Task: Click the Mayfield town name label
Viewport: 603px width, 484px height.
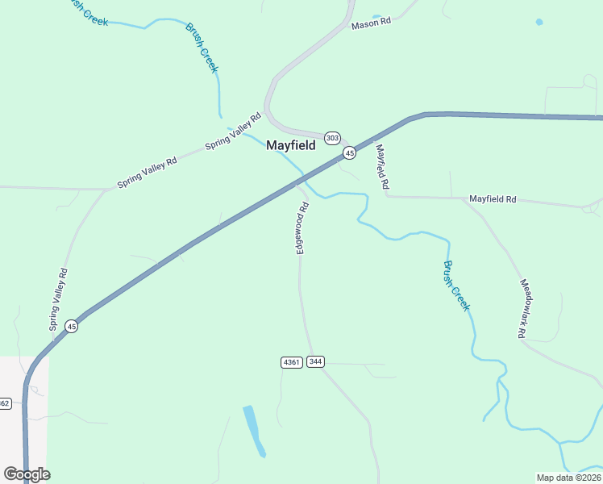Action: tap(290, 146)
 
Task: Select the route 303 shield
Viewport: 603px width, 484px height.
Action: tap(333, 138)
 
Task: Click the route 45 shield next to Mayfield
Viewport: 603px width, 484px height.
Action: tap(349, 152)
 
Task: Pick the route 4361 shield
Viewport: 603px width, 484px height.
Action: tap(291, 362)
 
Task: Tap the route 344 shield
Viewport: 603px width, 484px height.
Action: tap(315, 362)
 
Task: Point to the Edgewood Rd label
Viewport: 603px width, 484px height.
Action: tap(302, 228)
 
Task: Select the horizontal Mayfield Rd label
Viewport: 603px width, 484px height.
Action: tap(493, 198)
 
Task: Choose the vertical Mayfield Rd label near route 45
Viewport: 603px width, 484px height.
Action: tap(382, 167)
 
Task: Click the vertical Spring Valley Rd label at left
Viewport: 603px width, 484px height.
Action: tap(58, 299)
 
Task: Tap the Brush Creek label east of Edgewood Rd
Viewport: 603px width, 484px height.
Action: tap(455, 286)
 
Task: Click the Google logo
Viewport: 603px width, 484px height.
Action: tap(27, 474)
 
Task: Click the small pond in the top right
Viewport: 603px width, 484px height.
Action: tap(539, 22)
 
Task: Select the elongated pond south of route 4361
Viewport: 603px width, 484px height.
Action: tap(254, 430)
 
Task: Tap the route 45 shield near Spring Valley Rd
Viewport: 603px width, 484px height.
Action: tap(72, 326)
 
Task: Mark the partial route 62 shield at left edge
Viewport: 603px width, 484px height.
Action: tap(5, 403)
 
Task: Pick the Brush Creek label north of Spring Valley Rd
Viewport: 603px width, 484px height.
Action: tap(202, 48)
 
